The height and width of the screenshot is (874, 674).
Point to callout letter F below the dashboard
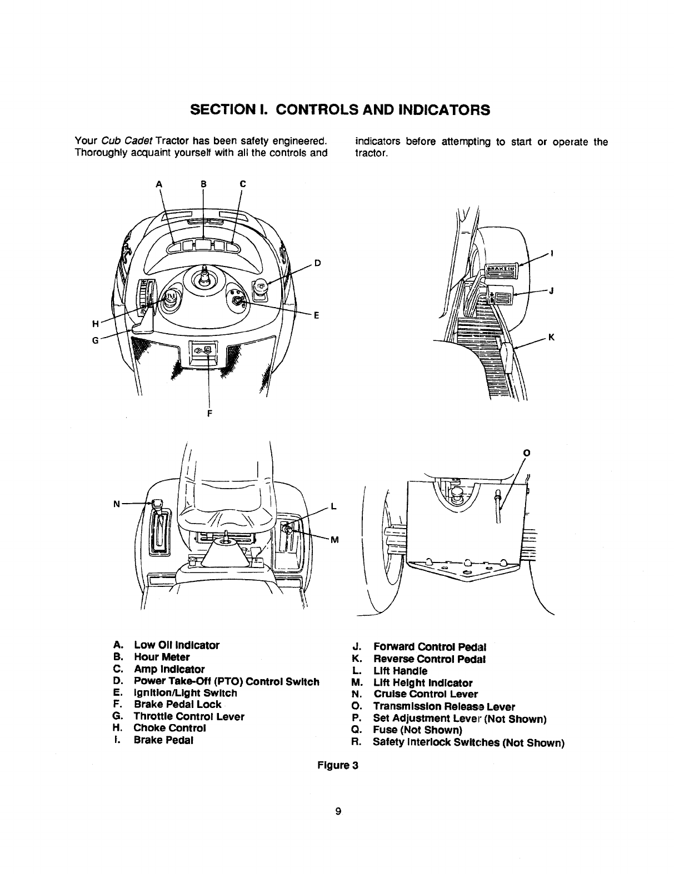click(x=209, y=414)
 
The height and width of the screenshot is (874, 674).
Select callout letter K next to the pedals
click(x=552, y=337)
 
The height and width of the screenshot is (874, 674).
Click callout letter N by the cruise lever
click(x=117, y=504)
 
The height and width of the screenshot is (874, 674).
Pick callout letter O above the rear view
click(x=527, y=453)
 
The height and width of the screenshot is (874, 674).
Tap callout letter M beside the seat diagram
click(x=334, y=540)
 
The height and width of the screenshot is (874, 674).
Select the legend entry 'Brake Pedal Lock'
click(x=177, y=705)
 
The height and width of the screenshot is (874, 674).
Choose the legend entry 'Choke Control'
click(x=169, y=728)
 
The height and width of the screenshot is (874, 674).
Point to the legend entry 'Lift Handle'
click(x=400, y=671)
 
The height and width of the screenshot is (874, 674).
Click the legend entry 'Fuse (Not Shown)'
click(x=417, y=730)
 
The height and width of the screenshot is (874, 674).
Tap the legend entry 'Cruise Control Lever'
click(x=425, y=694)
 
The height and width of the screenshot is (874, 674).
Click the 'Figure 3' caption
click(x=337, y=765)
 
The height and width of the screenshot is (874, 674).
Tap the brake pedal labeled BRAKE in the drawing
click(x=502, y=271)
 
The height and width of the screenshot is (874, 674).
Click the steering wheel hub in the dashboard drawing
click(x=204, y=278)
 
